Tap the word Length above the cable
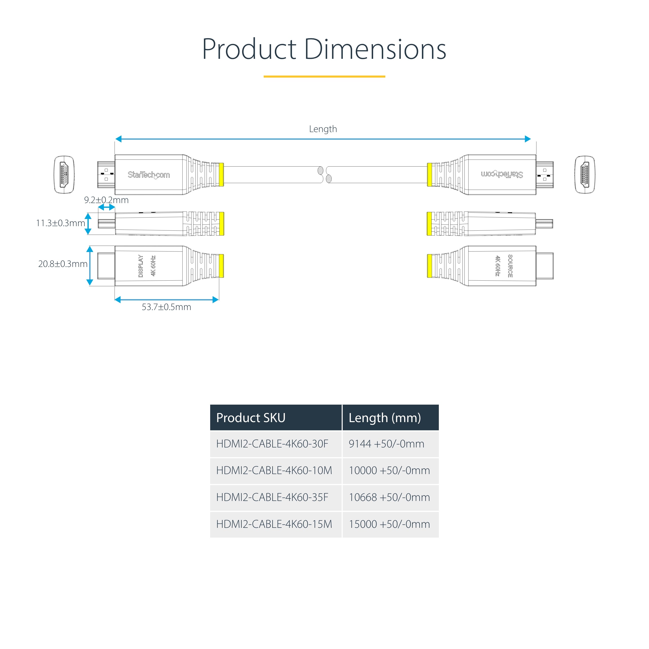(322, 129)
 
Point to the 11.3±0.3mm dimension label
(61, 223)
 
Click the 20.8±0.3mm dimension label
(63, 264)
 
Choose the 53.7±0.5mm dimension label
(166, 307)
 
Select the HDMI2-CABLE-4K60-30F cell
(272, 444)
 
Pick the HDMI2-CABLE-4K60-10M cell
(274, 470)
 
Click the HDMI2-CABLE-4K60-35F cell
(272, 497)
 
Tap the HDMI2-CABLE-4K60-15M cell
(274, 524)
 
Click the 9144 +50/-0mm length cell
(386, 444)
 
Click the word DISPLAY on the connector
(141, 266)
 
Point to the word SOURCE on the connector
(510, 266)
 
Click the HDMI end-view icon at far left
(64, 175)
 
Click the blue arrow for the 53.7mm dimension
(166, 300)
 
